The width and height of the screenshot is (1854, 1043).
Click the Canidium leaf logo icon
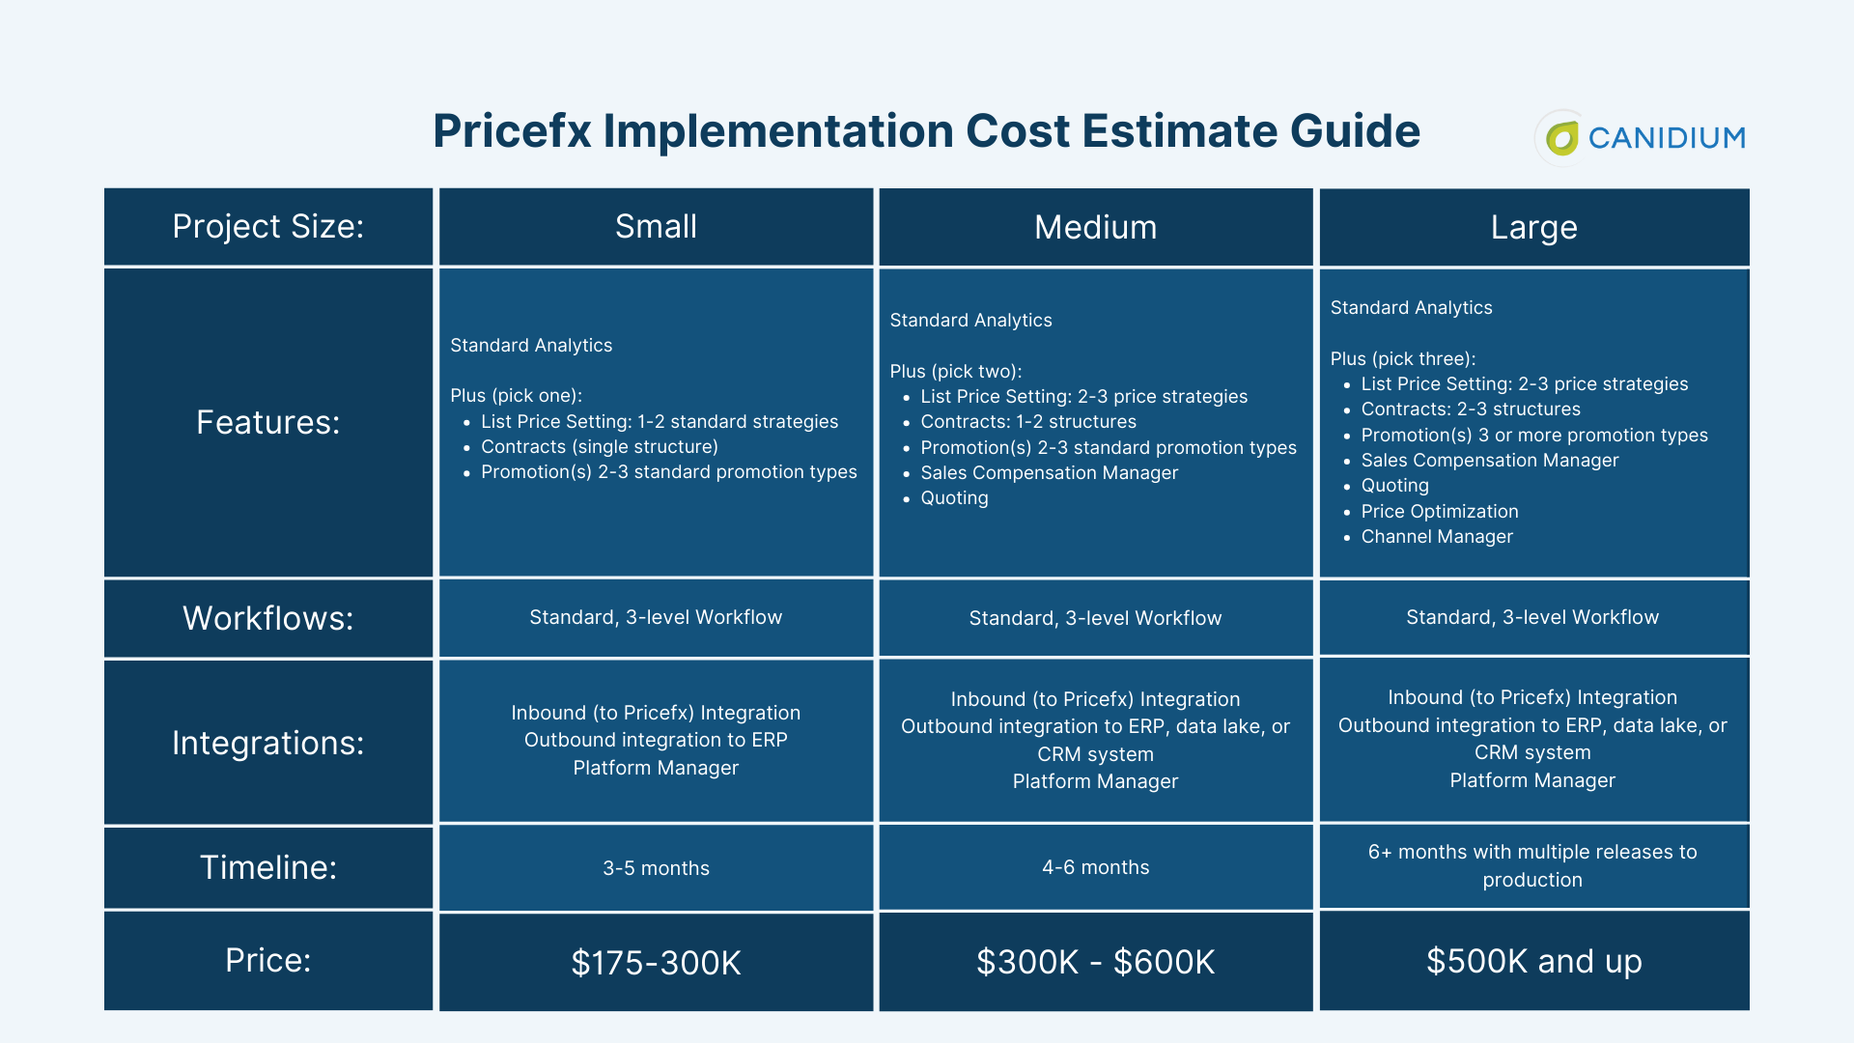[1561, 138]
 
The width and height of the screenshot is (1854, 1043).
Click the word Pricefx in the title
[512, 131]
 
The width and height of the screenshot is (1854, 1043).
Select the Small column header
[656, 227]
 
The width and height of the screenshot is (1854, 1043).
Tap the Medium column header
[1095, 228]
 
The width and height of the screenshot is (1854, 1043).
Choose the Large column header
[1533, 228]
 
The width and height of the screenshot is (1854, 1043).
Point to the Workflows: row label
[267, 618]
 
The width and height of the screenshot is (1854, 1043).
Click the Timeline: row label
[267, 867]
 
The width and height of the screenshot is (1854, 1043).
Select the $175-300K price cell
[656, 963]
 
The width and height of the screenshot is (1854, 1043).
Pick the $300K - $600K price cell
[1095, 962]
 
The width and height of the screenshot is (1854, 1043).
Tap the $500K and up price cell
[1533, 962]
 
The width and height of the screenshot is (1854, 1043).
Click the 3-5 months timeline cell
[656, 868]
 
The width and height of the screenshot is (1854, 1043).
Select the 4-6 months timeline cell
[1095, 867]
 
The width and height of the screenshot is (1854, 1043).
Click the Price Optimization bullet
[1439, 512]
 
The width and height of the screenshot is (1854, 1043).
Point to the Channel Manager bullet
[1437, 537]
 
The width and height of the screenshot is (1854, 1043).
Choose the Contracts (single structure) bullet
[599, 447]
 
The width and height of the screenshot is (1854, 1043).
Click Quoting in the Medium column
[954, 498]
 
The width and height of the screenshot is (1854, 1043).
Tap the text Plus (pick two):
[955, 372]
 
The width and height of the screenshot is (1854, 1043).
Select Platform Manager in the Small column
[656, 768]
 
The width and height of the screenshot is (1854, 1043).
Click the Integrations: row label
[267, 743]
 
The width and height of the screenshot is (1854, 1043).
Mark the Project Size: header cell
[267, 227]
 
